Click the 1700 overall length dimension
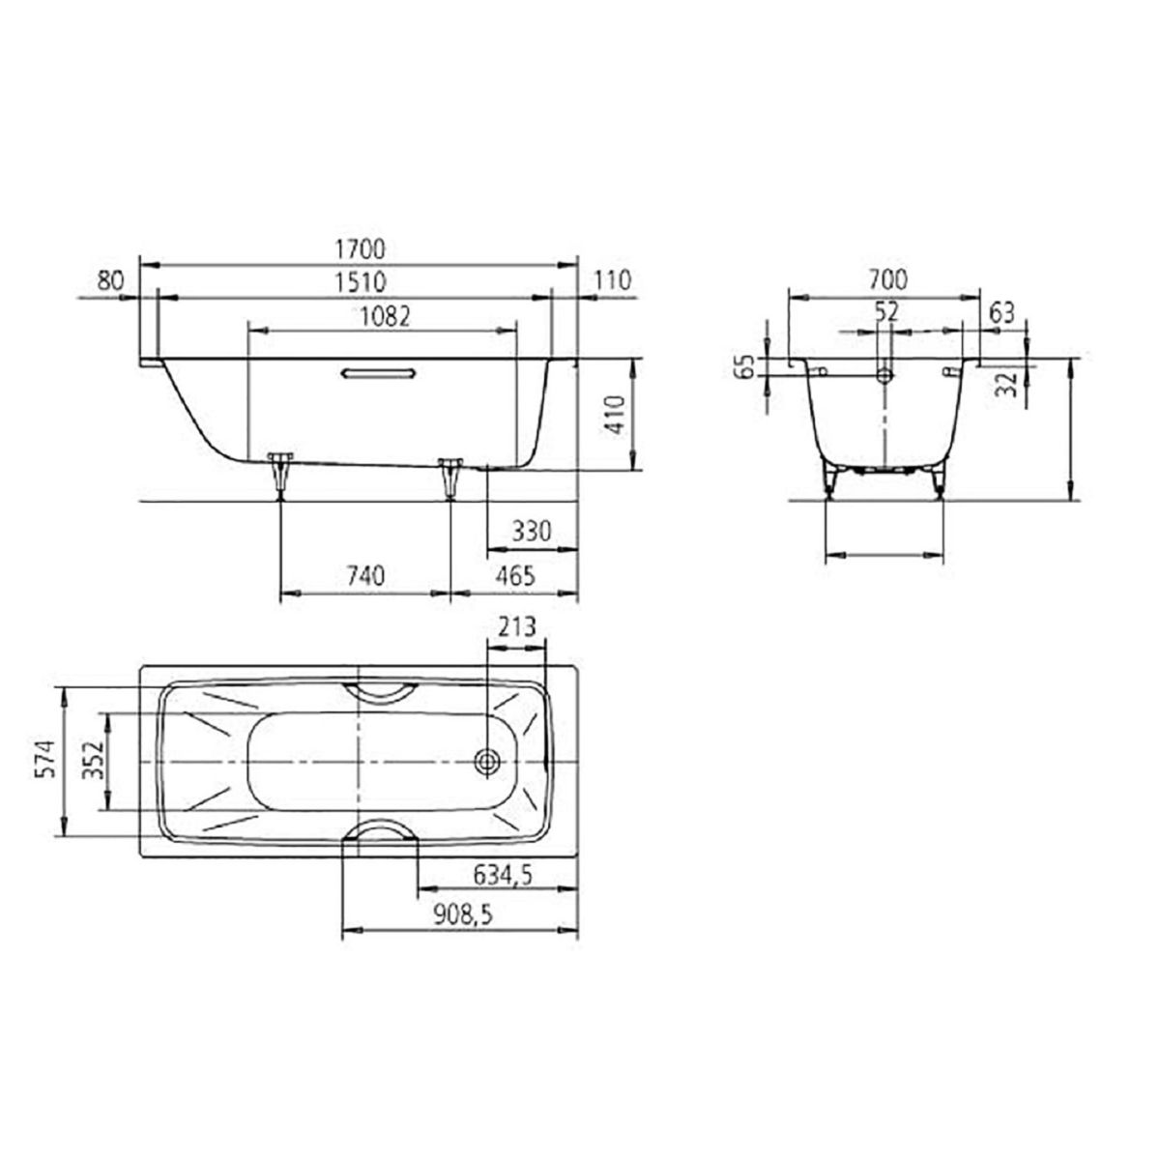[x=360, y=249]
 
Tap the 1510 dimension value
[x=361, y=282]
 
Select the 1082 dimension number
[x=385, y=317]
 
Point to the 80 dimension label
[x=110, y=280]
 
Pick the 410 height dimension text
[x=617, y=415]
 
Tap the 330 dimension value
[x=532, y=532]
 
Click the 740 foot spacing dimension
[x=365, y=576]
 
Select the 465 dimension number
[x=515, y=576]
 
